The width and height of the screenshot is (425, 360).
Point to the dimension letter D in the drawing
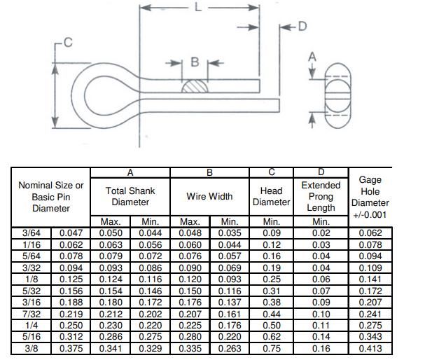coord(302,27)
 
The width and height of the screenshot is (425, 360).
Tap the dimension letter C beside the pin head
coord(68,43)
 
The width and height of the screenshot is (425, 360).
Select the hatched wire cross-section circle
coord(195,86)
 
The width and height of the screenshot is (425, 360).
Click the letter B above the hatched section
coord(195,62)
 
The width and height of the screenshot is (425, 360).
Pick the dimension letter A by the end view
coord(313,56)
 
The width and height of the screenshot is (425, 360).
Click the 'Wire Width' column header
coord(210,196)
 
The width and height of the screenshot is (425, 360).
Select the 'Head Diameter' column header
coord(271,196)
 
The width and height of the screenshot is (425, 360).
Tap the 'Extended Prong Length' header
coord(321,196)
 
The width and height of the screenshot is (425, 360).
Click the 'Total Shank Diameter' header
coord(130,196)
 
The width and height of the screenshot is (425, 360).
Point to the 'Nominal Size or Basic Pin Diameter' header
coord(50,197)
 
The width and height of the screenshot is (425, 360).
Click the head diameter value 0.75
coord(271,347)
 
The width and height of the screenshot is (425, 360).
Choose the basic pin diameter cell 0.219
coord(70,313)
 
